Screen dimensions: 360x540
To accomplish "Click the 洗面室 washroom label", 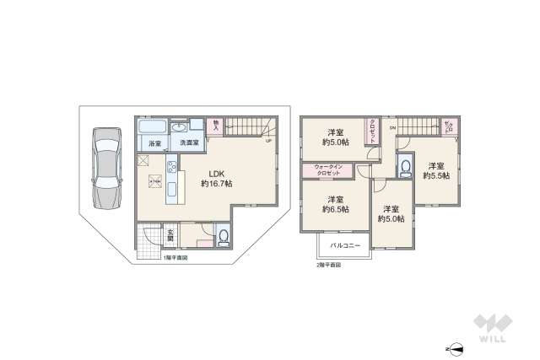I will point(189,143).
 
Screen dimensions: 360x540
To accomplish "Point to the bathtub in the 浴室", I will point(153,128).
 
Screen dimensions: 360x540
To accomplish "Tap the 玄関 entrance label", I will point(170,236).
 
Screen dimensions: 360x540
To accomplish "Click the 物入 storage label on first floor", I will point(215,126).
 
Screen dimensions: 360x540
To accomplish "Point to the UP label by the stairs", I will point(268,141).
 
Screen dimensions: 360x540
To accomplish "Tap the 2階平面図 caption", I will point(329,265).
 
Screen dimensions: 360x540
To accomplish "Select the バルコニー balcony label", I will point(345,245).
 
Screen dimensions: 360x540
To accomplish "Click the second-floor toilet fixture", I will point(406,167).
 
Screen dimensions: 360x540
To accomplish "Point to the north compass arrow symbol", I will point(456,345).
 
